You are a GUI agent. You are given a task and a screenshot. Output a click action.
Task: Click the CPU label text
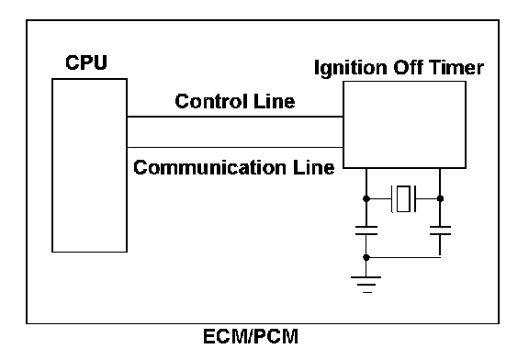[x=86, y=62]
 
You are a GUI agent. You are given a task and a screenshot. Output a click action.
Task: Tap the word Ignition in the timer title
[x=351, y=68]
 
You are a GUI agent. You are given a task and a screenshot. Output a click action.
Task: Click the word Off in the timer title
[x=408, y=67]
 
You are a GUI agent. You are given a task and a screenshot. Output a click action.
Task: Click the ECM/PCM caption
[x=251, y=336]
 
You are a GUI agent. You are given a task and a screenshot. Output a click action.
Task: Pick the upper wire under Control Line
[x=235, y=117]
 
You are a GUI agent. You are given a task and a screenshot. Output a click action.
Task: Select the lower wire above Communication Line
[x=235, y=148]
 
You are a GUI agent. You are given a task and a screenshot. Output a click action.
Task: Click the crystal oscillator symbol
[x=403, y=198]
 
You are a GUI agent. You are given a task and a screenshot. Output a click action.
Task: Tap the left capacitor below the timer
[x=366, y=231]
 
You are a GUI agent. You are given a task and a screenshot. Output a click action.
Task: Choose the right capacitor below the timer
[x=440, y=231]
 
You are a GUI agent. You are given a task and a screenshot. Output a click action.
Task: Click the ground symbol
[x=366, y=285]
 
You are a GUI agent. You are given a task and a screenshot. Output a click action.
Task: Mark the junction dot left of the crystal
[x=366, y=198]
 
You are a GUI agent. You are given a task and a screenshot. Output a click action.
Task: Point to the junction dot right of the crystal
[x=440, y=198]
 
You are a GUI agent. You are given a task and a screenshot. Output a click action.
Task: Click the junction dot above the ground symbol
[x=366, y=257]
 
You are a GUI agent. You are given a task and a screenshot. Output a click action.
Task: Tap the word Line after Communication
[x=313, y=167]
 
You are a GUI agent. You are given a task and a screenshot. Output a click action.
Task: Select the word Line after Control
[x=275, y=101]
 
